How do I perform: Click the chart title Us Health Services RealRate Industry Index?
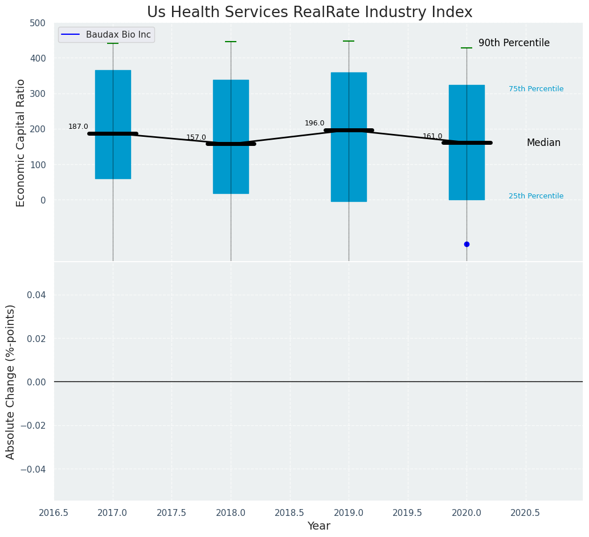click(309, 12)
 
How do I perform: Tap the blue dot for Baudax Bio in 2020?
click(467, 244)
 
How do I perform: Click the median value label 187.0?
click(78, 127)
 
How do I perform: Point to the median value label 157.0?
click(196, 137)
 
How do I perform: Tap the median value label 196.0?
click(314, 123)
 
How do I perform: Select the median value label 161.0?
click(432, 136)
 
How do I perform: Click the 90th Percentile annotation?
click(514, 43)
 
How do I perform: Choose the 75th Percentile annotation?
click(536, 89)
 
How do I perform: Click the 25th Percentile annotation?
click(536, 196)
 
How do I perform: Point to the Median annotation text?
click(543, 143)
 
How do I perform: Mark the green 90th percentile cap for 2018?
click(231, 42)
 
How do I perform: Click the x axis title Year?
click(318, 526)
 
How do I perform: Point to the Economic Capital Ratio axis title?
click(21, 143)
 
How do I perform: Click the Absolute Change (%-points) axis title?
click(11, 381)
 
